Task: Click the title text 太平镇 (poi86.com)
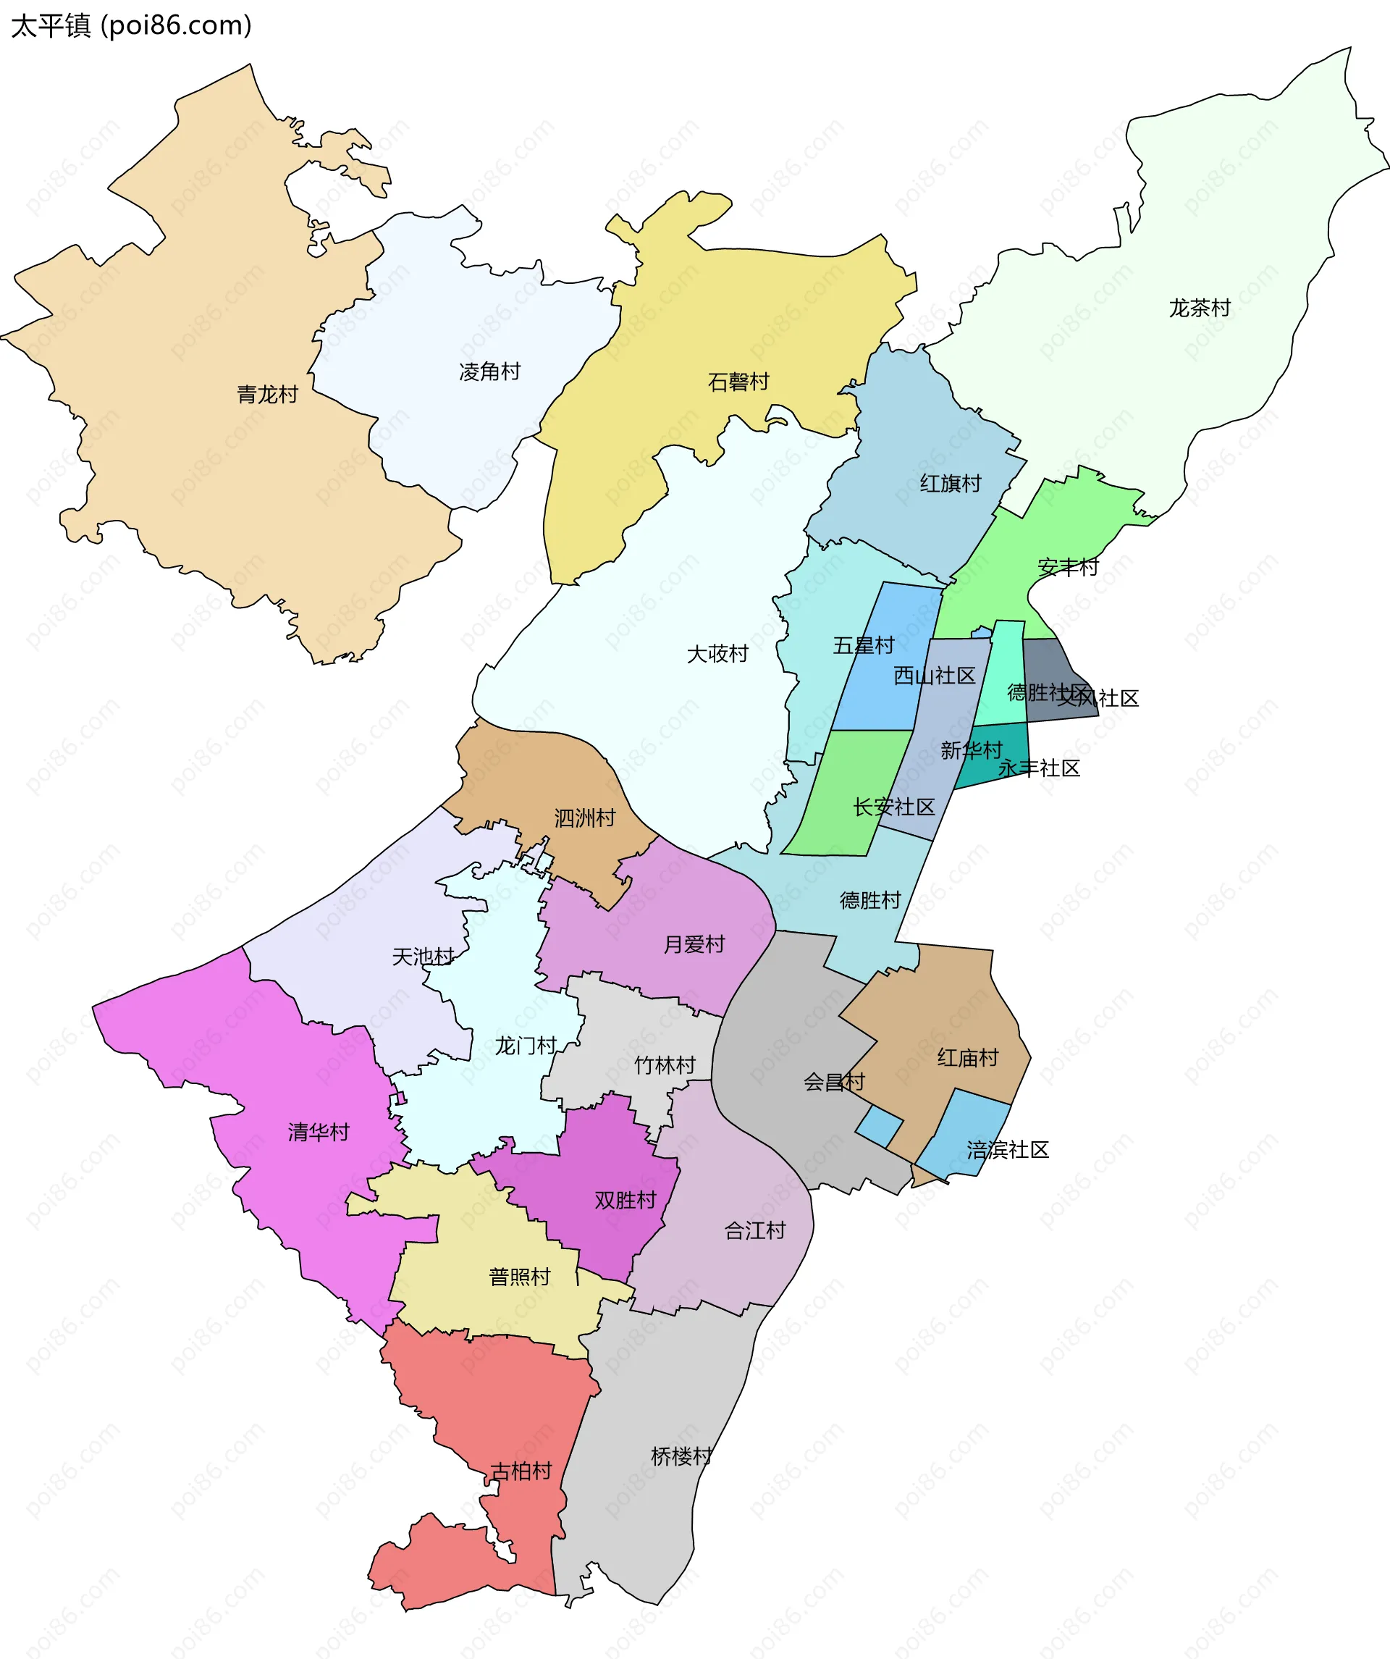pyautogui.click(x=131, y=25)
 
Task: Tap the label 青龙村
pyautogui.click(x=267, y=394)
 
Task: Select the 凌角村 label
pyautogui.click(x=489, y=371)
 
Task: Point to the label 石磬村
pyautogui.click(x=738, y=382)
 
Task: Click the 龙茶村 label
pyautogui.click(x=1199, y=308)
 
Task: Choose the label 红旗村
pyautogui.click(x=950, y=484)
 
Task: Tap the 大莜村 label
pyautogui.click(x=717, y=654)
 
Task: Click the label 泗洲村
pyautogui.click(x=584, y=818)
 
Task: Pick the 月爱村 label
pyautogui.click(x=694, y=944)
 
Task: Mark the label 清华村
pyautogui.click(x=319, y=1132)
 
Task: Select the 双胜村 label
pyautogui.click(x=625, y=1200)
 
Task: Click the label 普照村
pyautogui.click(x=519, y=1277)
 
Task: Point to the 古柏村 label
pyautogui.click(x=521, y=1471)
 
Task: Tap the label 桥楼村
pyautogui.click(x=681, y=1456)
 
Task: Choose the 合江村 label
pyautogui.click(x=755, y=1230)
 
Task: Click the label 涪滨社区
pyautogui.click(x=1008, y=1149)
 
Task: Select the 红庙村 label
pyautogui.click(x=967, y=1058)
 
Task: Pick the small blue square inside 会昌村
pyautogui.click(x=878, y=1126)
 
